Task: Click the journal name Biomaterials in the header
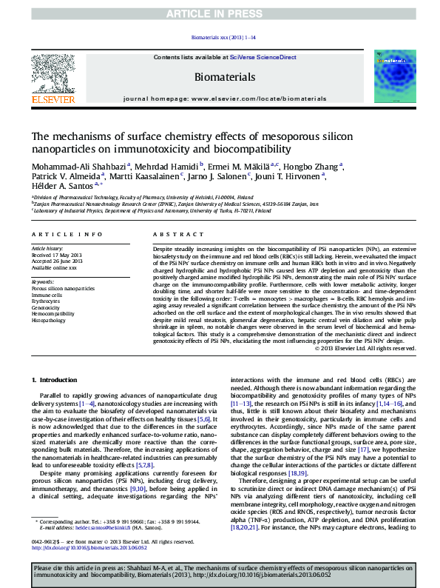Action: [x=224, y=76]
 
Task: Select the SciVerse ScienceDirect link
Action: [x=263, y=57]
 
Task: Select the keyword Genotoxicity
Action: [x=47, y=307]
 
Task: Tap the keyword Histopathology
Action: [x=50, y=320]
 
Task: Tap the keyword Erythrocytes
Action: [x=46, y=301]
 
